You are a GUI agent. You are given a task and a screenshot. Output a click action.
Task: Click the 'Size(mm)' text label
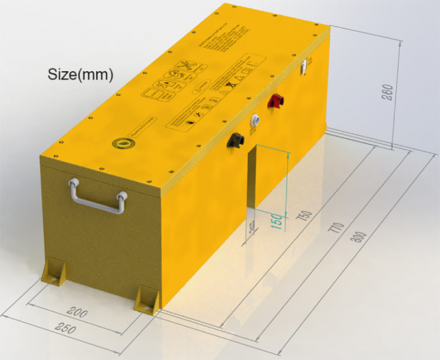click(81, 74)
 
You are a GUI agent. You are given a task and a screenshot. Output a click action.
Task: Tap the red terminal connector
click(278, 101)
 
